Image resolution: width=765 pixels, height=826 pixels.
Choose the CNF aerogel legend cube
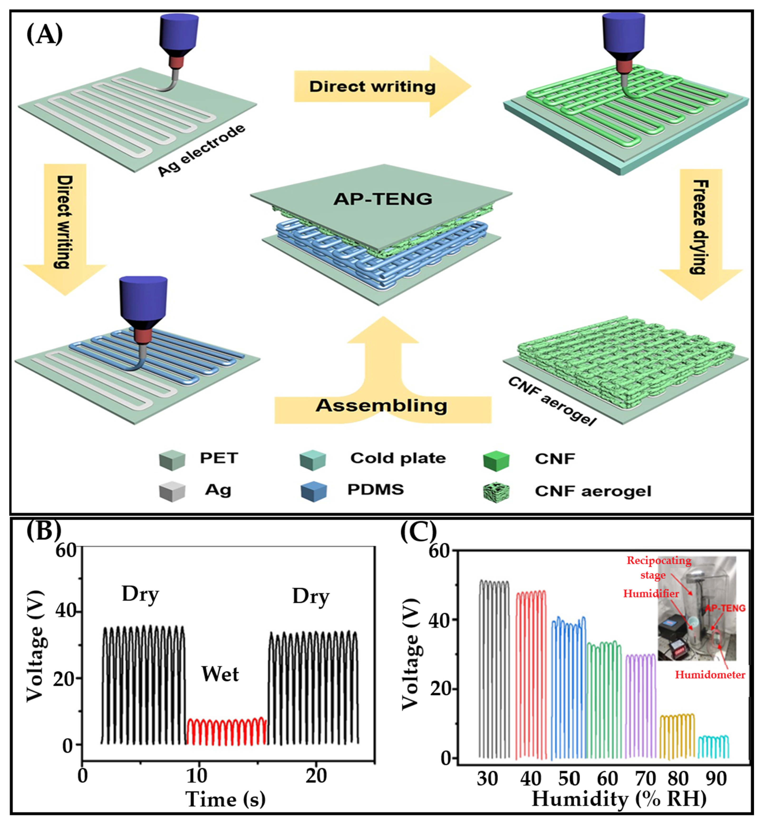496,492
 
